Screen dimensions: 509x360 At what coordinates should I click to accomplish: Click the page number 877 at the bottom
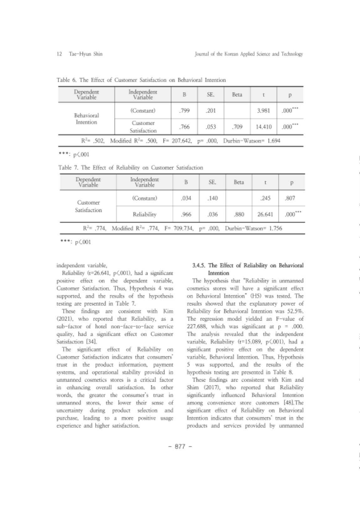tap(180, 447)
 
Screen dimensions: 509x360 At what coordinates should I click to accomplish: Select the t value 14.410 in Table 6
tap(264, 127)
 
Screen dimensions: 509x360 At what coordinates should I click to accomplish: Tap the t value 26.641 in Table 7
tap(265, 214)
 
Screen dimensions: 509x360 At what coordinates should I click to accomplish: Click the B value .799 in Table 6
tap(184, 111)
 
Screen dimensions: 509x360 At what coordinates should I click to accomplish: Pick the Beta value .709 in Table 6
tap(237, 127)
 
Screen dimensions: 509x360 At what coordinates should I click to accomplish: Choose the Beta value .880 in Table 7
tap(239, 214)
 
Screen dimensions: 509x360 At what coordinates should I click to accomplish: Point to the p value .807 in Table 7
tap(290, 198)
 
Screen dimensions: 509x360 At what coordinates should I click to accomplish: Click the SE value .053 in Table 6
tap(211, 127)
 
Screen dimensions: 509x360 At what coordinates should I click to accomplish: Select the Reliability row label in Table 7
tap(144, 214)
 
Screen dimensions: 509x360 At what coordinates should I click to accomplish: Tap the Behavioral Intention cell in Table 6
tap(86, 119)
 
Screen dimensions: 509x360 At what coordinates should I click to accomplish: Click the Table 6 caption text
tap(141, 80)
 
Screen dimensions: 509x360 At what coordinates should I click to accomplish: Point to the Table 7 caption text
tap(131, 168)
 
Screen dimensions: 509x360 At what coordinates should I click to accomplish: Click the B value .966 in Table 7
tap(186, 214)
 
